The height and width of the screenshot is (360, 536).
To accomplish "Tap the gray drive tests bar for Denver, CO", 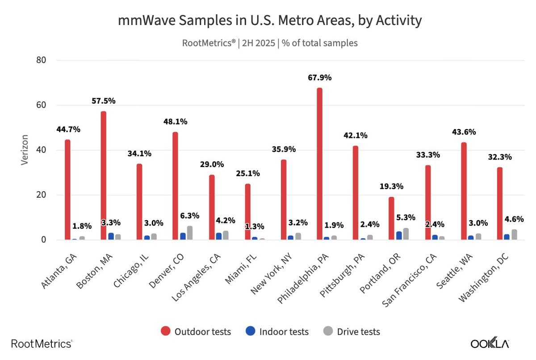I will coord(190,233).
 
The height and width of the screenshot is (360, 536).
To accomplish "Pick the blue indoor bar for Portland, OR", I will coord(398,236).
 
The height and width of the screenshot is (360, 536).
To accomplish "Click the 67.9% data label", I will coord(319,78).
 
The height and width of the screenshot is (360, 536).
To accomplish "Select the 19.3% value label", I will coord(391,186).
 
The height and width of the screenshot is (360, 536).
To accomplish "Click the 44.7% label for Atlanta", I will coord(68,130).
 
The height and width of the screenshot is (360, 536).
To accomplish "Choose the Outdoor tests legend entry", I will coord(196,331).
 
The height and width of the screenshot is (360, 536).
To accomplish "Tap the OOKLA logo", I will coord(490,343).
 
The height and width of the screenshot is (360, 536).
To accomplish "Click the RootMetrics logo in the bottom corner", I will coord(41,343).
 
